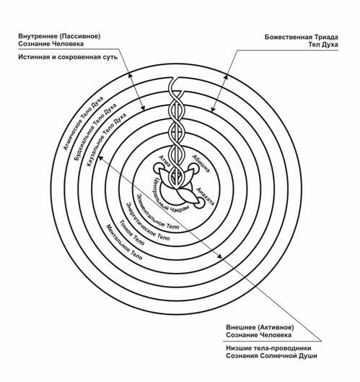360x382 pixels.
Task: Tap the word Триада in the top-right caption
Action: [325, 37]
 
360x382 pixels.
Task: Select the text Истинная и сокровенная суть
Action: [68, 57]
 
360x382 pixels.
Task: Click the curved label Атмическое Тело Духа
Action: [83, 123]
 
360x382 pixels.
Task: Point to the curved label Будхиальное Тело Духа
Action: [95, 132]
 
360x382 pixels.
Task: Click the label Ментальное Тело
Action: [124, 242]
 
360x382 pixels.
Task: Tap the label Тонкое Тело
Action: [132, 232]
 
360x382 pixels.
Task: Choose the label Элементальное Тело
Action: [157, 212]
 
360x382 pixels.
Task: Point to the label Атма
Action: [164, 161]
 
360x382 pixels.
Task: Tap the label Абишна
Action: [201, 163]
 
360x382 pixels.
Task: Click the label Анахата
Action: [205, 196]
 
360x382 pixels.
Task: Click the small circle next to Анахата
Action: [198, 203]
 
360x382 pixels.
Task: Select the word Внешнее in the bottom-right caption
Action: [240, 327]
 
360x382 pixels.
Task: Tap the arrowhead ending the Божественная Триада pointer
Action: [213, 109]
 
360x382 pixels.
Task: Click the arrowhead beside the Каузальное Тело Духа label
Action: [100, 158]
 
